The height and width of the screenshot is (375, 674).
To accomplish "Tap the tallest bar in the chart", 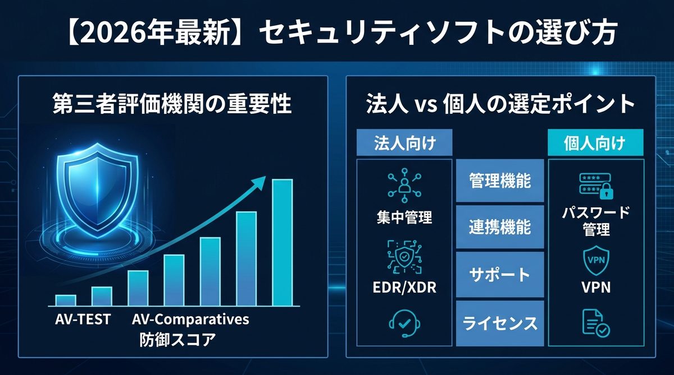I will [x=282, y=242].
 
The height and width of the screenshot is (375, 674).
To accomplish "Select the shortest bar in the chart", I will [x=66, y=300].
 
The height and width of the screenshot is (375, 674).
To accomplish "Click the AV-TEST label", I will [x=83, y=320].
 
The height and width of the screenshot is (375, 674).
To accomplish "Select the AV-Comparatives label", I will [x=190, y=320].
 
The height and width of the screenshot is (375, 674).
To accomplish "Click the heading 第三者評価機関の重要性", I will [x=172, y=105].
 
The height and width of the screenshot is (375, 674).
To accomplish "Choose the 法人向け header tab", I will [x=405, y=143].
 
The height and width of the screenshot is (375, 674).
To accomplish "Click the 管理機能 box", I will [x=500, y=181].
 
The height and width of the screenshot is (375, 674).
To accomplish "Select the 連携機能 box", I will [x=500, y=227].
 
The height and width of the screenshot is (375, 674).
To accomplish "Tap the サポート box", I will [x=500, y=275].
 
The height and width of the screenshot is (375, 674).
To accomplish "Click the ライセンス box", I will [x=500, y=323].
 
